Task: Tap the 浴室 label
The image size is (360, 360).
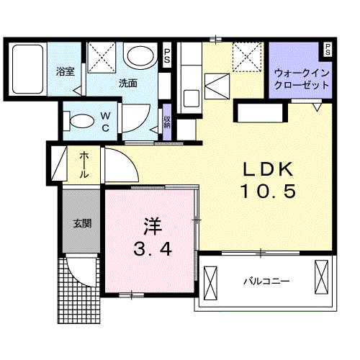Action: pyautogui.click(x=66, y=71)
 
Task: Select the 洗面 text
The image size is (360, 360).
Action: pyautogui.click(x=128, y=82)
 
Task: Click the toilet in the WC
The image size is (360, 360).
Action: pyautogui.click(x=81, y=120)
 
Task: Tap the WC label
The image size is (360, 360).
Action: pyautogui.click(x=104, y=122)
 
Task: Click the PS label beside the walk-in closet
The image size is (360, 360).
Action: pyautogui.click(x=328, y=50)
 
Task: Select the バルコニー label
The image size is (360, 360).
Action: pyautogui.click(x=266, y=280)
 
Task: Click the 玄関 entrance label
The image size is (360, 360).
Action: pyautogui.click(x=81, y=222)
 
